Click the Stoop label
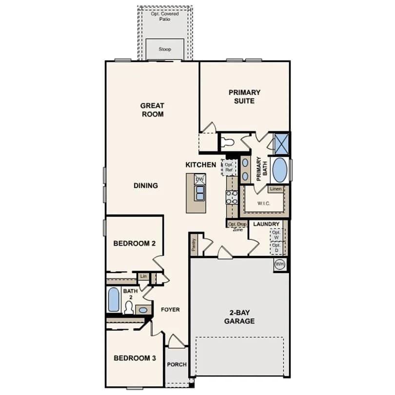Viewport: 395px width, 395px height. click(x=165, y=49)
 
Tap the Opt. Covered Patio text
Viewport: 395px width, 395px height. click(x=165, y=17)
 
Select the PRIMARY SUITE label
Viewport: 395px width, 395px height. click(x=244, y=97)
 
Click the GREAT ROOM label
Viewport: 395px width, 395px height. click(x=153, y=110)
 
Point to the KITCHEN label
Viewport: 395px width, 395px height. click(x=201, y=165)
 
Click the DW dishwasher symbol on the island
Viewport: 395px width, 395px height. click(x=199, y=179)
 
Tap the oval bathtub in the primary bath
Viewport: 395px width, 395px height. click(x=279, y=170)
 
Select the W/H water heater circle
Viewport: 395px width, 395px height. click(x=279, y=264)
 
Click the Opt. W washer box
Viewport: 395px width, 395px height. click(x=276, y=235)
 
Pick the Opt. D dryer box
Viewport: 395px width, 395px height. click(x=276, y=248)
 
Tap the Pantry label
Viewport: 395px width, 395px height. click(x=194, y=245)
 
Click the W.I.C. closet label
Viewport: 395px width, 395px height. click(x=264, y=203)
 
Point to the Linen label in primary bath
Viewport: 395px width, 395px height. click(x=276, y=189)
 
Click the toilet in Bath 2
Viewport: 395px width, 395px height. click(x=129, y=308)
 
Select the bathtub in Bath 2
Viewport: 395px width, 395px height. click(x=114, y=299)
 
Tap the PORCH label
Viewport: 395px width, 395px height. click(x=177, y=364)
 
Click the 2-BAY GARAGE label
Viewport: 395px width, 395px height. click(x=239, y=316)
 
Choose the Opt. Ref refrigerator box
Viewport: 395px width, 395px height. click(x=229, y=167)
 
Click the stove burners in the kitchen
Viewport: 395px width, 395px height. click(x=232, y=197)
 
